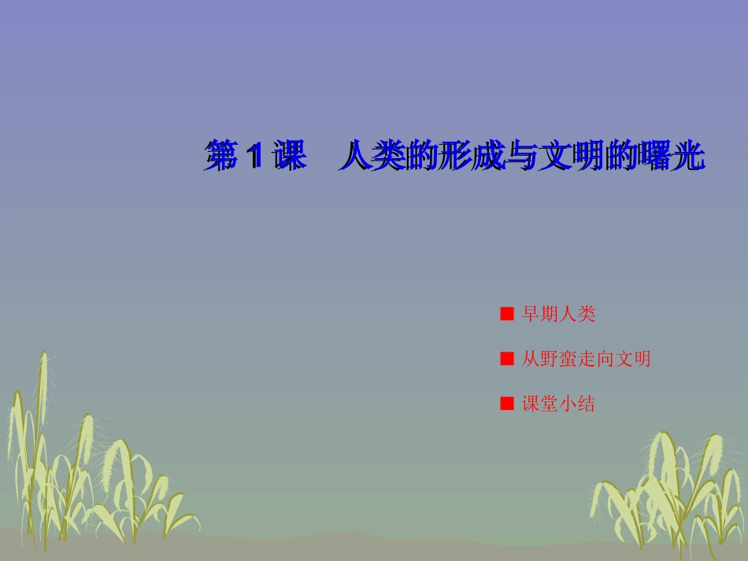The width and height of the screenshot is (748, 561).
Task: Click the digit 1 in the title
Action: (x=254, y=157)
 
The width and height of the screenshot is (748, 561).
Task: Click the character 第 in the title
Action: (x=220, y=157)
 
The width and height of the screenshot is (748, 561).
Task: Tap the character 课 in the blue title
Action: (x=288, y=157)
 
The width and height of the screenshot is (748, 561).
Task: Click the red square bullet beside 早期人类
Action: (x=507, y=315)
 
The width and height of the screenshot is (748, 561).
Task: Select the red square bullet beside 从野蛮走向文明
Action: (x=507, y=360)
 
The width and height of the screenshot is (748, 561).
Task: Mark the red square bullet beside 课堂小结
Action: (x=507, y=404)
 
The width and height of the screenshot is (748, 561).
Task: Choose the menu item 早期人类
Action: (x=558, y=315)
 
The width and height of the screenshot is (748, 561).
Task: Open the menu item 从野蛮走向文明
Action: (x=586, y=360)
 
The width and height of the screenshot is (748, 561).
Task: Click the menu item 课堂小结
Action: (x=558, y=404)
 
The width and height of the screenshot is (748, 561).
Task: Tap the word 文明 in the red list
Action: (x=632, y=360)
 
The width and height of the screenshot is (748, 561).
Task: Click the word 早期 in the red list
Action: (x=540, y=315)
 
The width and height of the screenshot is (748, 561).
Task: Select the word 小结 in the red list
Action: (x=577, y=404)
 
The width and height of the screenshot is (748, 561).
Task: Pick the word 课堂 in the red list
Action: (x=540, y=404)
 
